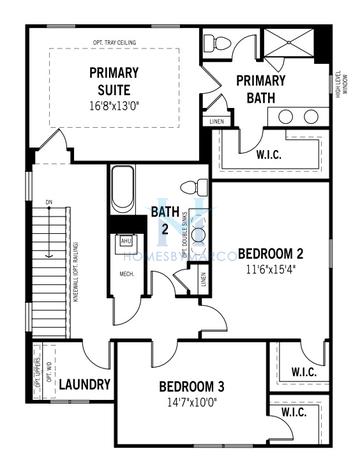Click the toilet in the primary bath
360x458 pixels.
pos(219,43)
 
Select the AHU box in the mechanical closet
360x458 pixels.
pos(126,241)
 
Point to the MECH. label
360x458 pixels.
pos(127,273)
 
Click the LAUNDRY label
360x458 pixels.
pos(83,385)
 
